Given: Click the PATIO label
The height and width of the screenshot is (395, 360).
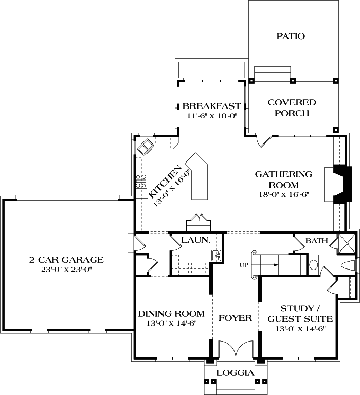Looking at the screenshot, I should coord(291,37).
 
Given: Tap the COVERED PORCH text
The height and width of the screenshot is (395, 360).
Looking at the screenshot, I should coord(292,108).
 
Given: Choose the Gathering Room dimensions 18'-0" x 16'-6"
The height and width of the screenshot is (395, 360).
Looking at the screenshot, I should coord(283,195).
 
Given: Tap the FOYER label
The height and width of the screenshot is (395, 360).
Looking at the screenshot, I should coord(235,318).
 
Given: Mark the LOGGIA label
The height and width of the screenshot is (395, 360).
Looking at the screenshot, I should coord(235,373).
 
